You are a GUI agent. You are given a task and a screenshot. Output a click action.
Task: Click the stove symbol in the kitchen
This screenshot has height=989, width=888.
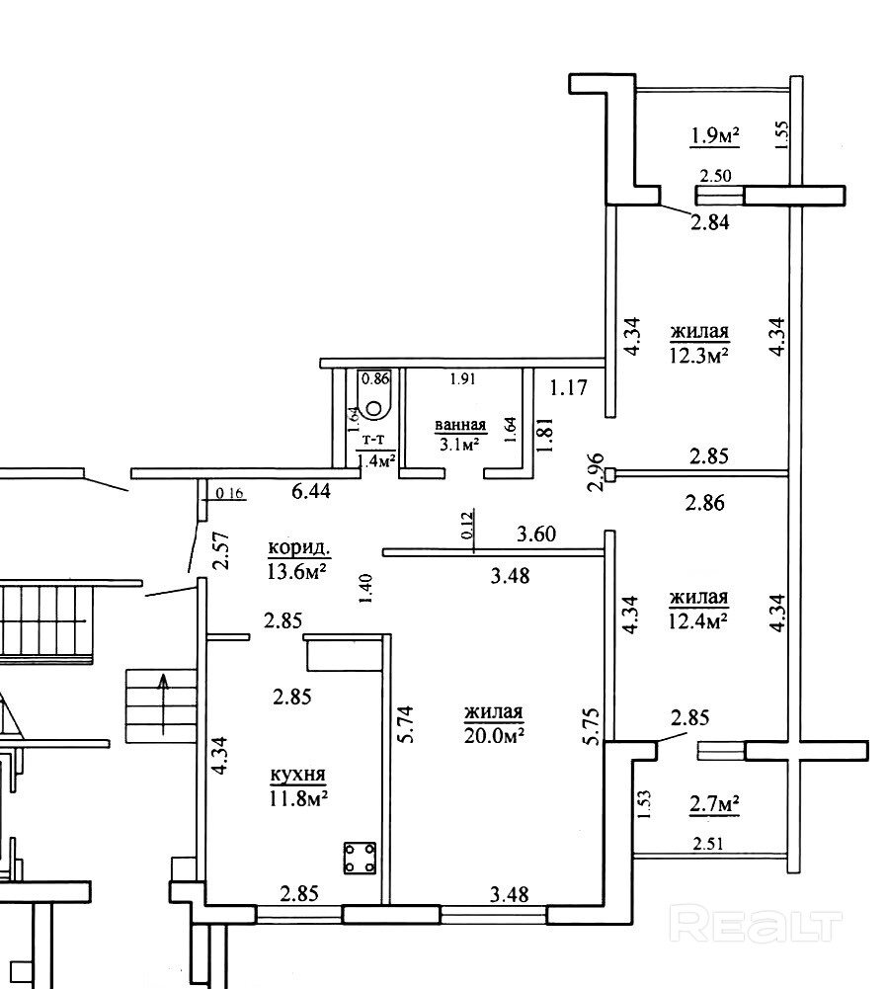(361, 858)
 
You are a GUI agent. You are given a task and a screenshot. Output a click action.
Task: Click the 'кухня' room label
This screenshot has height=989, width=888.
(297, 774)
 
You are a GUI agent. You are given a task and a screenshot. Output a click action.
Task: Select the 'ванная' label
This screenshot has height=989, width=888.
(460, 425)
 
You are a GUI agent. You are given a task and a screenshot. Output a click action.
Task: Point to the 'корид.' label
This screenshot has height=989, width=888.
(299, 548)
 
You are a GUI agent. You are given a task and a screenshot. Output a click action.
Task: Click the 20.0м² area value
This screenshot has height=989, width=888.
(495, 735)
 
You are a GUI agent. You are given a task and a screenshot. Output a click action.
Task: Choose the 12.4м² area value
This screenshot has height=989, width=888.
(698, 621)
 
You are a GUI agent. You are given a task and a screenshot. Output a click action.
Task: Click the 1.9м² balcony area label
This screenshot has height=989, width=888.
(714, 135)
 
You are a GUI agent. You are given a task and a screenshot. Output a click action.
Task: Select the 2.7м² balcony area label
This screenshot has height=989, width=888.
(714, 805)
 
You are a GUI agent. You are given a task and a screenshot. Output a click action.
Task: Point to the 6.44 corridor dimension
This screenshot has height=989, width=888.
(311, 491)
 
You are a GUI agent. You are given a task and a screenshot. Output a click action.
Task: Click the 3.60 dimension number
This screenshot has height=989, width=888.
(536, 535)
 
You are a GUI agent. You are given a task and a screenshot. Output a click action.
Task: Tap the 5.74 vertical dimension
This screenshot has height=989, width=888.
(406, 723)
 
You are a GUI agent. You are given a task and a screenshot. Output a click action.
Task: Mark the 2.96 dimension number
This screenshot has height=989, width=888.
(596, 472)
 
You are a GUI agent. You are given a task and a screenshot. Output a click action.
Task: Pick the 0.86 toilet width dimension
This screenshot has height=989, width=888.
(374, 378)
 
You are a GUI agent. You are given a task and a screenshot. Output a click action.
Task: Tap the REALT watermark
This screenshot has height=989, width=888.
(755, 926)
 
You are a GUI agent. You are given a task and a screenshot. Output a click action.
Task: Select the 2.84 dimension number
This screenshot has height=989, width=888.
(710, 222)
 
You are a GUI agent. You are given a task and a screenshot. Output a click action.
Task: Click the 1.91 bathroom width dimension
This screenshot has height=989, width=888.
(462, 379)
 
